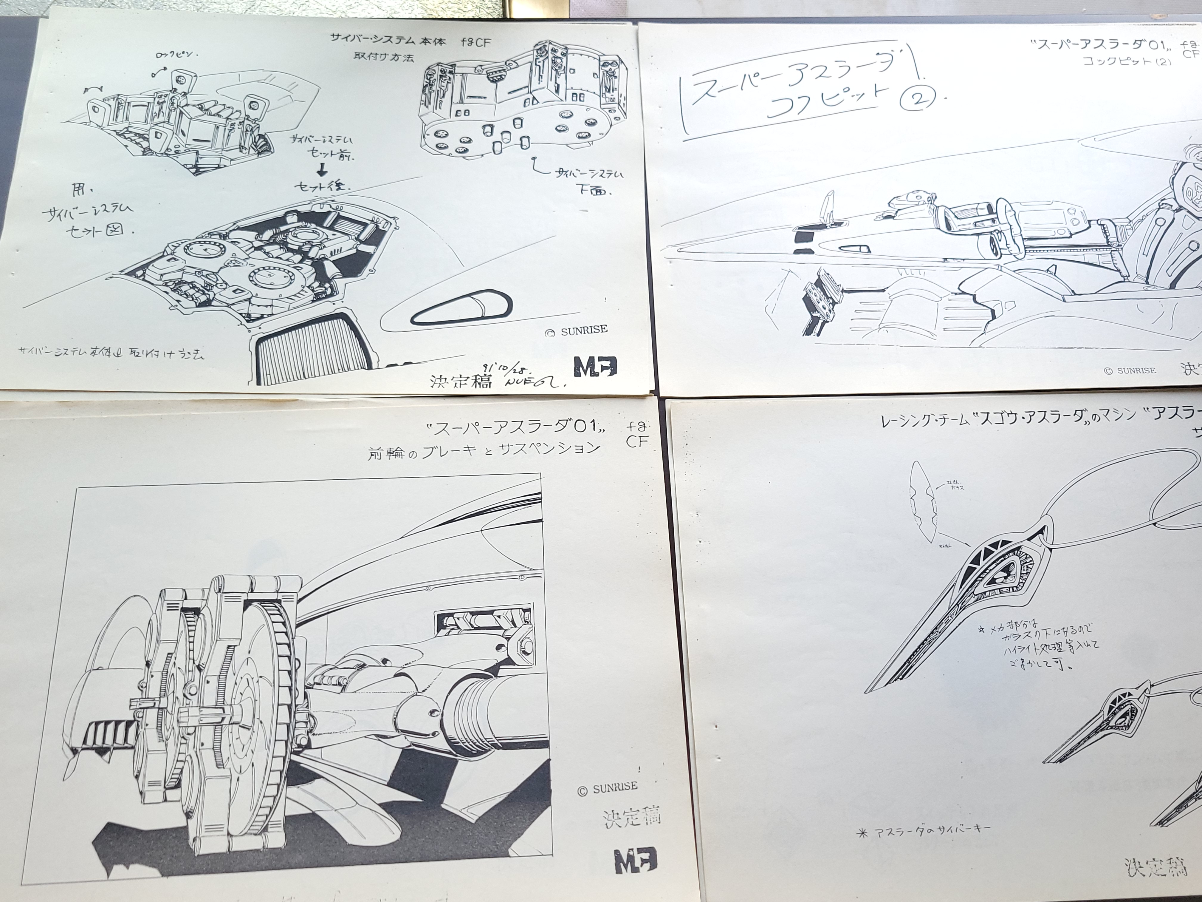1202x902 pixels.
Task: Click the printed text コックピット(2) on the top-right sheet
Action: click(1125, 61)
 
